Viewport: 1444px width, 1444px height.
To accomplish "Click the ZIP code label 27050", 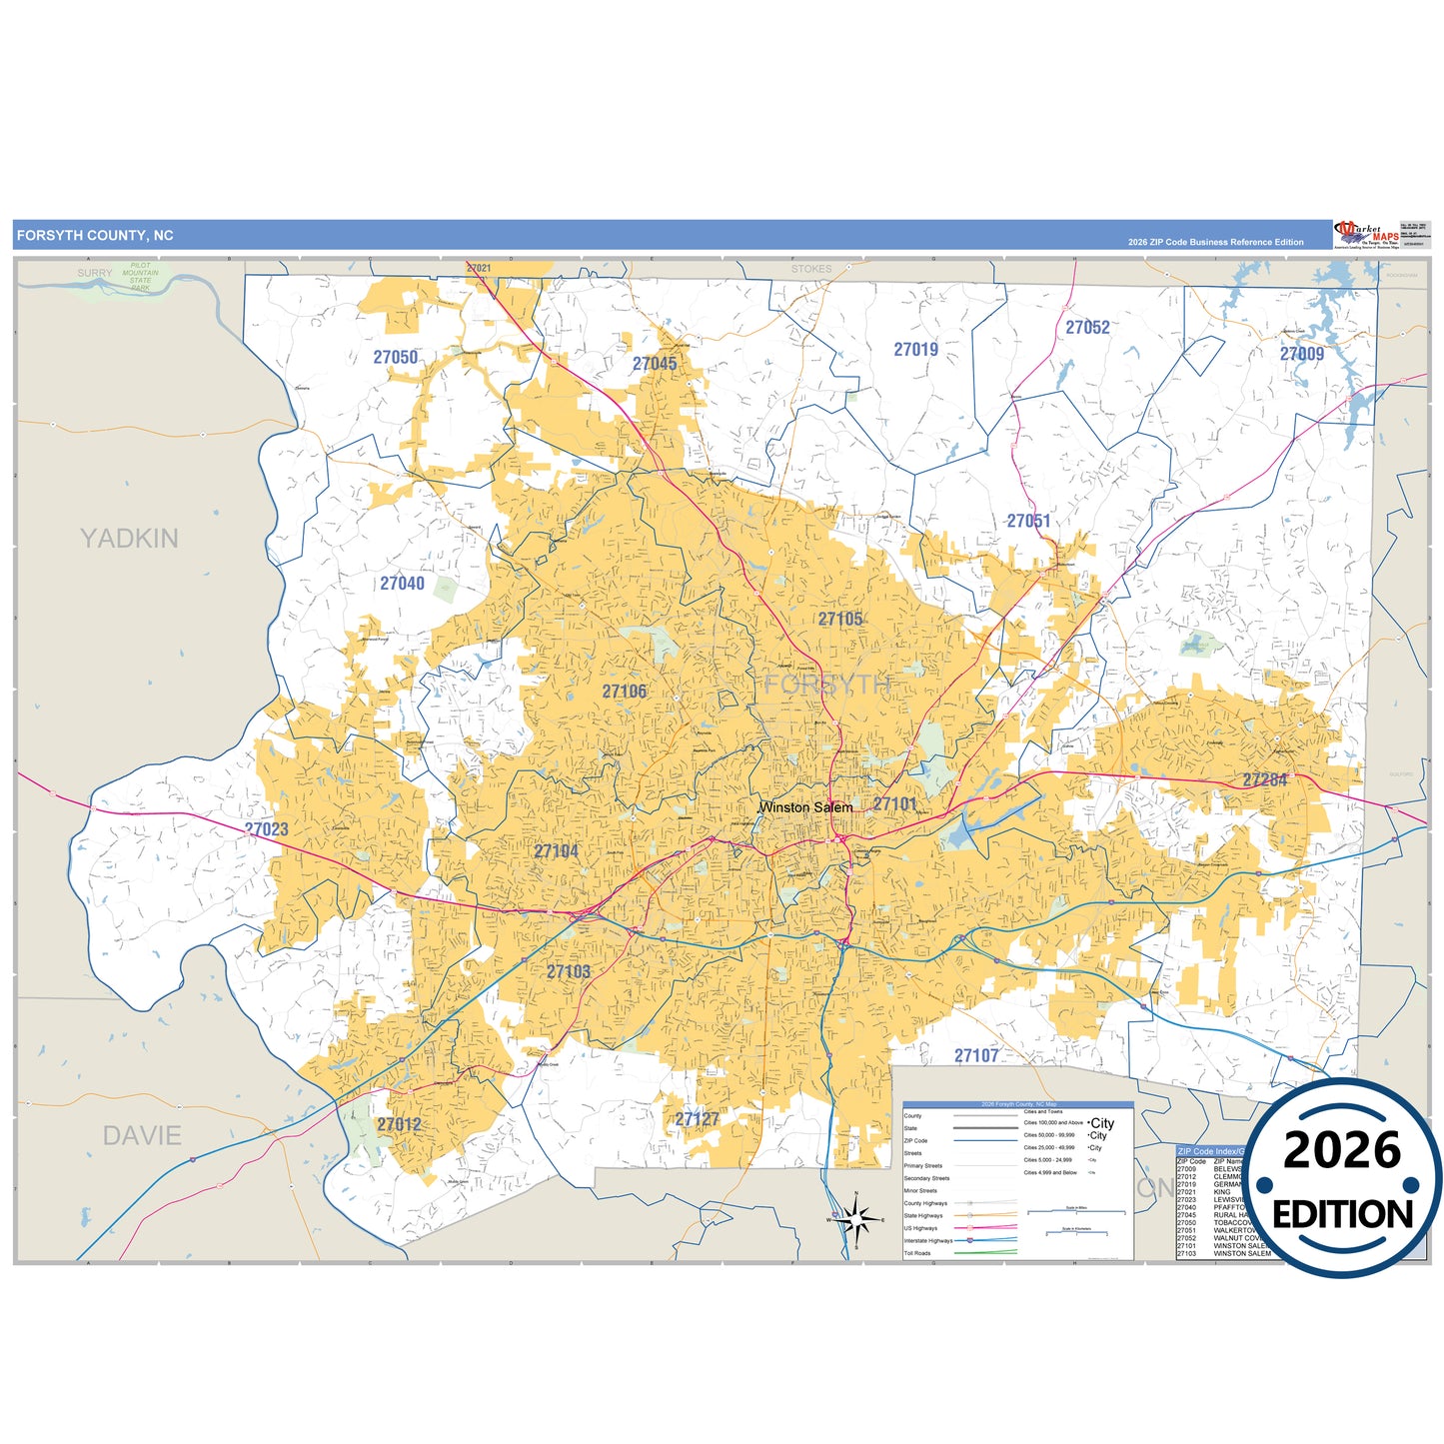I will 396,358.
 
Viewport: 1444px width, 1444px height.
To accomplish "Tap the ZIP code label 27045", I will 655,364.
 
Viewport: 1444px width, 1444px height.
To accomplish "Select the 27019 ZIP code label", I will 915,350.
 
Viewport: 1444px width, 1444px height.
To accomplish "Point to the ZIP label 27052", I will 1087,328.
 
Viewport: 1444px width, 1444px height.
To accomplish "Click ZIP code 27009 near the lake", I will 1301,355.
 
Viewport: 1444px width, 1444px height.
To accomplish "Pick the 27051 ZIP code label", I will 1028,522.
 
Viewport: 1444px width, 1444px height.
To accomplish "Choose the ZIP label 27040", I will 402,584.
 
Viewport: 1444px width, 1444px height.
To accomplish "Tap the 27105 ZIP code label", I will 839,620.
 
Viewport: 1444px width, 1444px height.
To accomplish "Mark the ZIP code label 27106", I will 624,692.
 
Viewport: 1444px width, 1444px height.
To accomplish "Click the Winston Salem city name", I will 805,807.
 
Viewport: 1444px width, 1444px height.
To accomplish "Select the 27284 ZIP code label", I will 1265,779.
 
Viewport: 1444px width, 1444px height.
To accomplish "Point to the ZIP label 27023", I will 267,829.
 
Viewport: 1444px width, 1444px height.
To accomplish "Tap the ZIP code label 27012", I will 399,1125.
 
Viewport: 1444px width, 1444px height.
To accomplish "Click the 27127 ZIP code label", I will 697,1119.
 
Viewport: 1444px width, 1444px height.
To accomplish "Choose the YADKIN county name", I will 129,539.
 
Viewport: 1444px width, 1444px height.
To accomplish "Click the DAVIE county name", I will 142,1136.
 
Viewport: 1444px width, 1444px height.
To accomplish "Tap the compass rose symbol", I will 855,1219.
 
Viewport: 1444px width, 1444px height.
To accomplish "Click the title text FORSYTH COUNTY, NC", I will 95,236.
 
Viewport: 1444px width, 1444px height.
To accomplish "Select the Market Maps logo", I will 1366,235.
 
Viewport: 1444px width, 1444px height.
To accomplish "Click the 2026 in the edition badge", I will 1342,1151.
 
